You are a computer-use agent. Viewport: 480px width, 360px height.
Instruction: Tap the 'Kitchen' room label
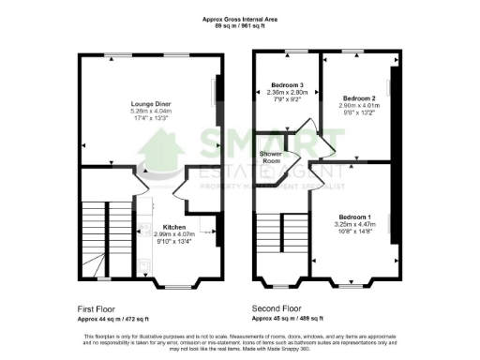coord(173,227)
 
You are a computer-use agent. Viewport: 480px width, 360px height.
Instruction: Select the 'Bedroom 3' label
coord(288,84)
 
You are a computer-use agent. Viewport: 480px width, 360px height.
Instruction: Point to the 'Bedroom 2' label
coord(358,98)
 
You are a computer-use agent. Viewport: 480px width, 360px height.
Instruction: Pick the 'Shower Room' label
coord(272,157)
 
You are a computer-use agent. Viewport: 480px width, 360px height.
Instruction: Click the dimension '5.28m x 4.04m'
coord(150,112)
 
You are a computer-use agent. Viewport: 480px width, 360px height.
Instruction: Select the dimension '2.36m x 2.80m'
coord(288,92)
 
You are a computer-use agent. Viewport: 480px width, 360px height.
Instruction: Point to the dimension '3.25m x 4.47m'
coord(354,223)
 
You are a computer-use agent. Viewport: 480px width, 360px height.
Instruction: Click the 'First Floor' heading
coord(97,307)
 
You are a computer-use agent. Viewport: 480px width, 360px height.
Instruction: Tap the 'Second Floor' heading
coord(277,307)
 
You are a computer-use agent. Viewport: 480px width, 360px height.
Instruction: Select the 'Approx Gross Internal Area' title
coord(239,17)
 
